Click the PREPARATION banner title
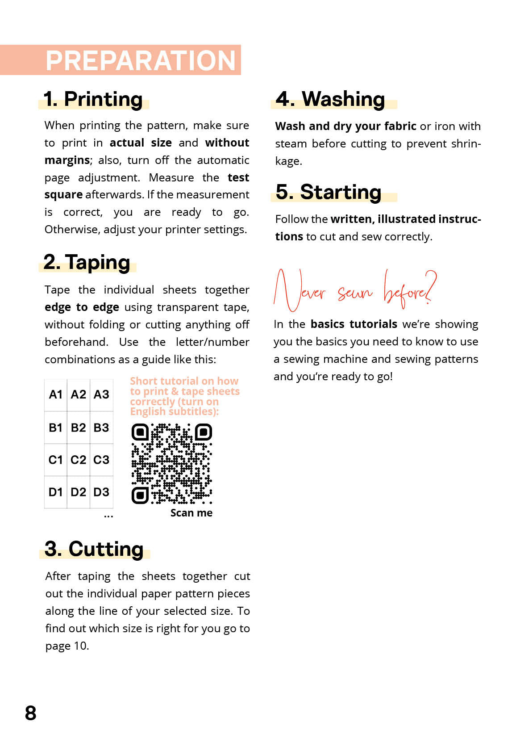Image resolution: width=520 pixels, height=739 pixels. (x=140, y=60)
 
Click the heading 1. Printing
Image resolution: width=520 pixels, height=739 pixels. (x=93, y=99)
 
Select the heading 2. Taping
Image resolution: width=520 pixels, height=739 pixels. (x=87, y=262)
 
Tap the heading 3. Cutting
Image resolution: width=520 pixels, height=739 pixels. (x=94, y=549)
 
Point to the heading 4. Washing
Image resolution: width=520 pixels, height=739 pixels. (x=330, y=99)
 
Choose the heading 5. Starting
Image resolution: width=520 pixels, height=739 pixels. (x=329, y=192)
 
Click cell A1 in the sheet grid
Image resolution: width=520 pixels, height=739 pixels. (x=56, y=395)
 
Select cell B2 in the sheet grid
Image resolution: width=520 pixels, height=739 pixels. (x=79, y=428)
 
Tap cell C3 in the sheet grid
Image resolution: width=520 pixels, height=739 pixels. (x=101, y=460)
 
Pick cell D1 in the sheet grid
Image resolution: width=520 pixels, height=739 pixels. (x=56, y=492)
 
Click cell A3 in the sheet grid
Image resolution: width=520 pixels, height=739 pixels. (x=101, y=395)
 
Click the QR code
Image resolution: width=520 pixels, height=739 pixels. (x=172, y=464)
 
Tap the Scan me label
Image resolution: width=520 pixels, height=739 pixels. (x=191, y=513)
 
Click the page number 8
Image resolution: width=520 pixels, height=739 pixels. (x=31, y=713)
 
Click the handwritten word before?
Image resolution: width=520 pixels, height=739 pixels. (x=409, y=291)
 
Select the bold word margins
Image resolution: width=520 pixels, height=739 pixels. (x=67, y=160)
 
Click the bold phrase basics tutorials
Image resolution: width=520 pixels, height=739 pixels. (x=354, y=324)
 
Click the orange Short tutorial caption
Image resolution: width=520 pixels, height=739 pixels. (x=184, y=396)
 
